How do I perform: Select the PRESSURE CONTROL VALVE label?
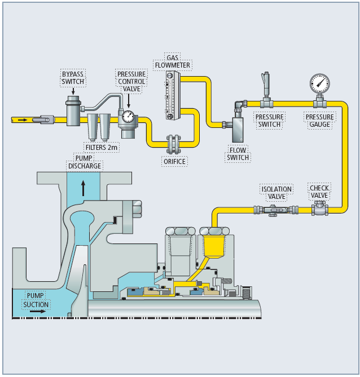pyautogui.click(x=131, y=81)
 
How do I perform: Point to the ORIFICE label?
pyautogui.click(x=174, y=161)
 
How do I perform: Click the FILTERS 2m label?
pyautogui.click(x=102, y=147)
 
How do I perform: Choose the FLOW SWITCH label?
pyautogui.click(x=237, y=154)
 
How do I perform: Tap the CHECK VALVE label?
pyautogui.click(x=319, y=192)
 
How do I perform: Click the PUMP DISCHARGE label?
pyautogui.click(x=85, y=162)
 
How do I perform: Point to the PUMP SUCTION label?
pyautogui.click(x=37, y=300)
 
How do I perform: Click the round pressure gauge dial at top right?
pyautogui.click(x=319, y=83)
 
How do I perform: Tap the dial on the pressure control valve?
pyautogui.click(x=128, y=117)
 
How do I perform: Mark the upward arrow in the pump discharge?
pyautogui.click(x=84, y=187)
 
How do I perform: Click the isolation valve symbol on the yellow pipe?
pyautogui.click(x=274, y=210)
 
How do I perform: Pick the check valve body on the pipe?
pyautogui.click(x=319, y=210)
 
